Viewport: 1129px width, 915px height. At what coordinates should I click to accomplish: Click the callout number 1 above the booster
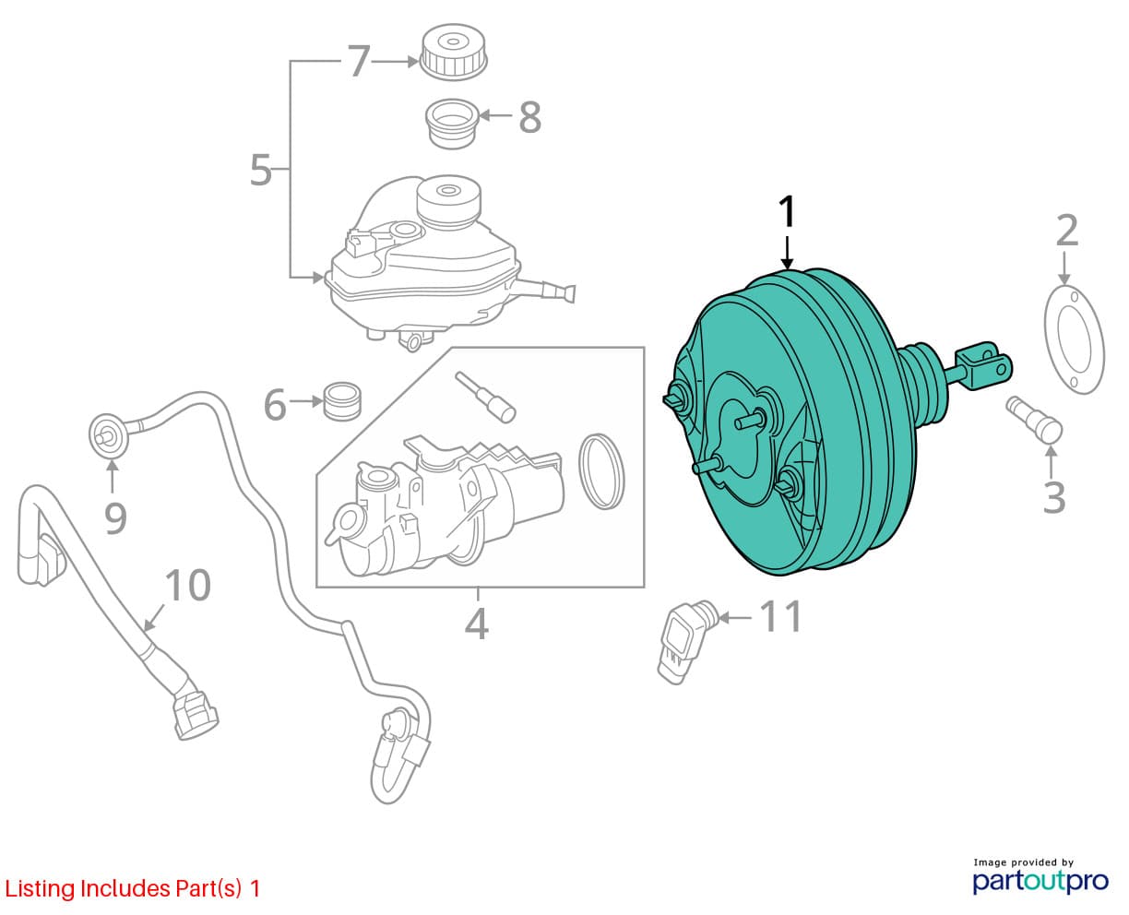pyautogui.click(x=788, y=212)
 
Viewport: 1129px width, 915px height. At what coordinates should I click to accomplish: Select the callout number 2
pyautogui.click(x=1067, y=231)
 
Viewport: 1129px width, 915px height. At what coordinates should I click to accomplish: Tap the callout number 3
pyautogui.click(x=1053, y=497)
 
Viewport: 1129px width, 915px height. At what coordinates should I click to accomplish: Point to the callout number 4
pyautogui.click(x=477, y=624)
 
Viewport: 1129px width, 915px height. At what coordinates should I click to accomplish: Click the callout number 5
pyautogui.click(x=261, y=170)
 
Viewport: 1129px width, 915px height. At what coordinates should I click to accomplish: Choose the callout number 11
pyautogui.click(x=780, y=616)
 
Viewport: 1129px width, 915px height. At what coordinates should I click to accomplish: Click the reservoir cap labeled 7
pyautogui.click(x=453, y=52)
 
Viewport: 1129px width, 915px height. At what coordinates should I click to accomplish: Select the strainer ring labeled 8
pyautogui.click(x=453, y=124)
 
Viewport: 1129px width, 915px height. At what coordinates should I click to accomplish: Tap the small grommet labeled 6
pyautogui.click(x=342, y=401)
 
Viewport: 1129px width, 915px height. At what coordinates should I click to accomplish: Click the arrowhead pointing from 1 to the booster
pyautogui.click(x=788, y=263)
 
